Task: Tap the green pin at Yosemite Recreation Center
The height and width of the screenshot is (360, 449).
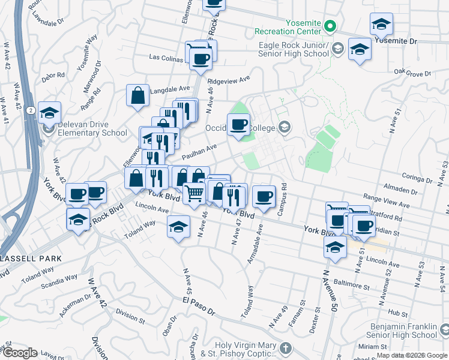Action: point(330,26)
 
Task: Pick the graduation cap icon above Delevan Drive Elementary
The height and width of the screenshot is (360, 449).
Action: point(49,113)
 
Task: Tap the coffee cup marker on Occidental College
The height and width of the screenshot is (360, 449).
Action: point(239,125)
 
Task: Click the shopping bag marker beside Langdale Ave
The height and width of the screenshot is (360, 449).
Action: point(137,95)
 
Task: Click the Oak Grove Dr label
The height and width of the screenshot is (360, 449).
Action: point(413,73)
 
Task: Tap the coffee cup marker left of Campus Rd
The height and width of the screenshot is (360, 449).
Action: point(264,196)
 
